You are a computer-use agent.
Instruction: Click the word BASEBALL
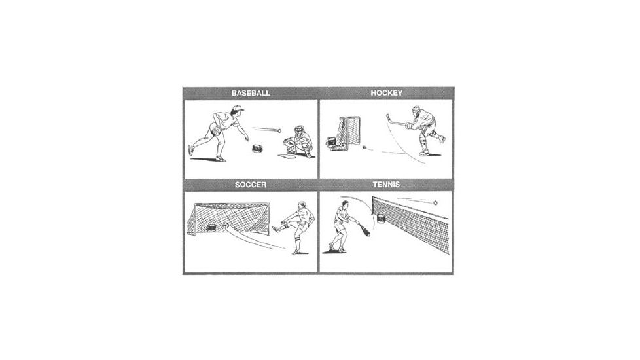pos(251,93)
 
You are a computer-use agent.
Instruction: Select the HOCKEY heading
pos(387,93)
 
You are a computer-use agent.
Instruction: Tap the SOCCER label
pos(251,185)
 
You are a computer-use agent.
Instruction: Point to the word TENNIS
pos(386,185)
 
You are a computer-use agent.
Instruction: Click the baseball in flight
pos(279,131)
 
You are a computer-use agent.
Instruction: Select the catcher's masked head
pos(300,131)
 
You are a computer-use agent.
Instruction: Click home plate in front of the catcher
pos(287,156)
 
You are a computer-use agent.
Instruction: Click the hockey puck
pos(364,147)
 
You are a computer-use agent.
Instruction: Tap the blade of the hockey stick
pos(388,117)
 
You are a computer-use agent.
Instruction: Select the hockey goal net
pos(346,134)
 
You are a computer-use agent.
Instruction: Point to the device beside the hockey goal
pos(331,142)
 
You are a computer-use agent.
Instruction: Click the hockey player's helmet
pos(416,111)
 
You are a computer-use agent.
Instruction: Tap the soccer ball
pos(225,226)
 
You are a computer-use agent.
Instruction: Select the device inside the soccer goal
pos(211,227)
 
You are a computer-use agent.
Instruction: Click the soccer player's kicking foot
pos(276,228)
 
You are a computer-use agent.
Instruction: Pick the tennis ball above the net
pos(435,203)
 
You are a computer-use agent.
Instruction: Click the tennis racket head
pos(366,230)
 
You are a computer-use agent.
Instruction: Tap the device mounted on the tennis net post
pos(380,219)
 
